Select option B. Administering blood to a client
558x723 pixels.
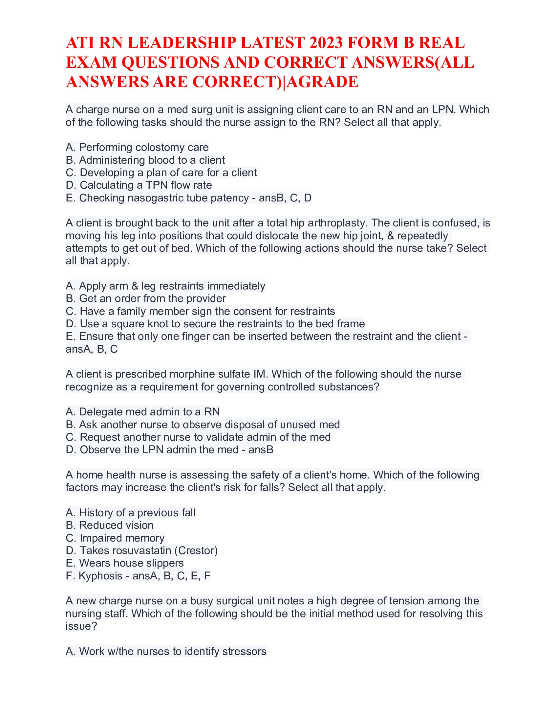pos(145,160)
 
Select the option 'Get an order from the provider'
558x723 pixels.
pos(145,299)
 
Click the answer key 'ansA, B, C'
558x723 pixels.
pos(92,349)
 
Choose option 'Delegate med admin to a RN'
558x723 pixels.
pos(143,412)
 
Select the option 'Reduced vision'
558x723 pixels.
pos(110,525)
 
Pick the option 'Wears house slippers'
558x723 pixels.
pos(125,563)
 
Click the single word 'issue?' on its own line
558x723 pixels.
pos(81,626)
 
